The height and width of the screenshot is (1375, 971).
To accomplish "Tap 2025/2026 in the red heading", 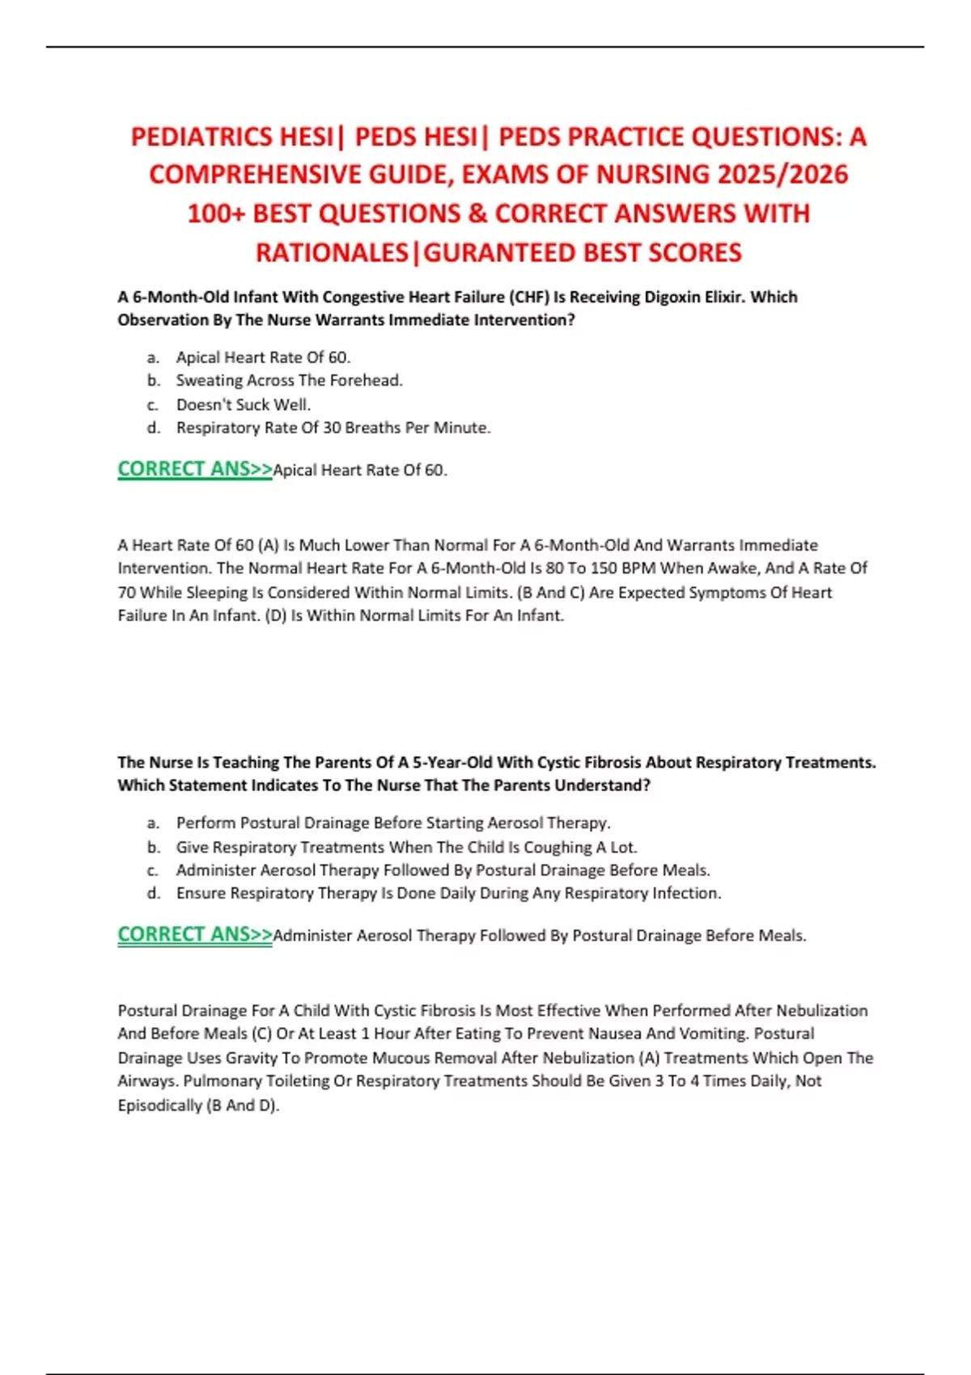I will click(x=782, y=175).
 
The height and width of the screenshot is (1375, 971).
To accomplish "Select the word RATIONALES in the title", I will click(x=332, y=253).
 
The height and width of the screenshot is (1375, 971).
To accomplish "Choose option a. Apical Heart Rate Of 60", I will click(x=263, y=357).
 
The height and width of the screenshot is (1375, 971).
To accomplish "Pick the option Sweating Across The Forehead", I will click(x=289, y=380).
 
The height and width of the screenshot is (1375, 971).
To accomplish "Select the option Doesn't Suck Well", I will click(x=243, y=404).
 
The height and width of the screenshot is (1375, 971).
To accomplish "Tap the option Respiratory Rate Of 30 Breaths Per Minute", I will click(x=333, y=428).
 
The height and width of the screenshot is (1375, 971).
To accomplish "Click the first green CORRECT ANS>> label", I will click(x=195, y=469).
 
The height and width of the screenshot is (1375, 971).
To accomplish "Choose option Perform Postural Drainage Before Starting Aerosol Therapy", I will click(x=392, y=823).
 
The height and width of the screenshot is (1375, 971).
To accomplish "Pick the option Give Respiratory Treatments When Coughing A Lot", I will click(x=406, y=848).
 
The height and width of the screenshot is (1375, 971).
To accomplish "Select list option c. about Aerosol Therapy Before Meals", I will click(x=443, y=870).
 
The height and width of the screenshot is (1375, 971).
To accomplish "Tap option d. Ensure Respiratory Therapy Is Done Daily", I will click(x=448, y=894).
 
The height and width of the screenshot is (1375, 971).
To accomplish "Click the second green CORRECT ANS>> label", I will click(x=195, y=934).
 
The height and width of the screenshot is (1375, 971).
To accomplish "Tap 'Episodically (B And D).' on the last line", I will click(x=198, y=1106).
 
